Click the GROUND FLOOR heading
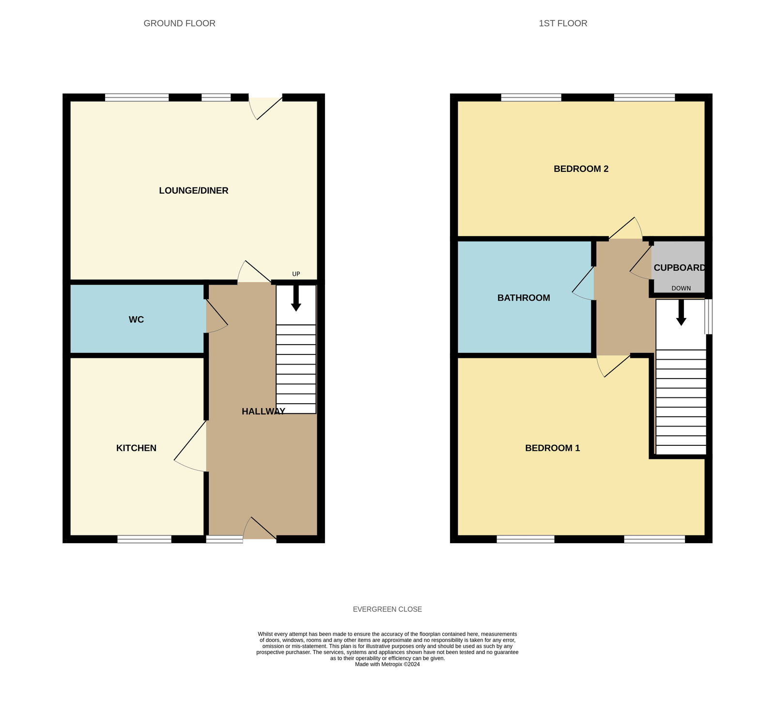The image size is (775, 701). (x=179, y=23)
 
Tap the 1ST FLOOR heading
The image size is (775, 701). (x=563, y=23)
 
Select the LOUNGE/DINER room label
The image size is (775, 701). (x=194, y=191)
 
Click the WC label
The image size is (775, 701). (x=136, y=320)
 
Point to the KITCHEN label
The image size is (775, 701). (x=136, y=448)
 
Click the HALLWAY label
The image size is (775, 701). (x=263, y=411)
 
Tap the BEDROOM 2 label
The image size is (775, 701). (x=581, y=169)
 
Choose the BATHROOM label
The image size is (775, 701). (x=524, y=298)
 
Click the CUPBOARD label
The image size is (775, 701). (x=679, y=268)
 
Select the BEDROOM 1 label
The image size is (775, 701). (x=552, y=448)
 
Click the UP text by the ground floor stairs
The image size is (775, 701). (x=296, y=274)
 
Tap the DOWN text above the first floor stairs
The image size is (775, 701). (x=681, y=289)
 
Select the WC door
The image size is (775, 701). (x=216, y=317)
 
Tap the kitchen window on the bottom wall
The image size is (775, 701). (x=144, y=539)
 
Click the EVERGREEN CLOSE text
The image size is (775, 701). (x=387, y=610)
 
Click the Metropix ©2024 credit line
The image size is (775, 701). (x=387, y=665)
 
